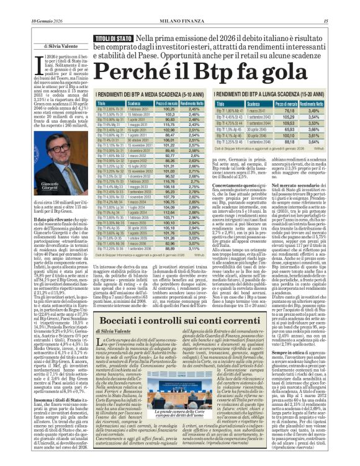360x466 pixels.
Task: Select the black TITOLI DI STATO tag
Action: [113, 38]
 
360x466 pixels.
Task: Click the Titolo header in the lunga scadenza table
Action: [223, 104]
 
